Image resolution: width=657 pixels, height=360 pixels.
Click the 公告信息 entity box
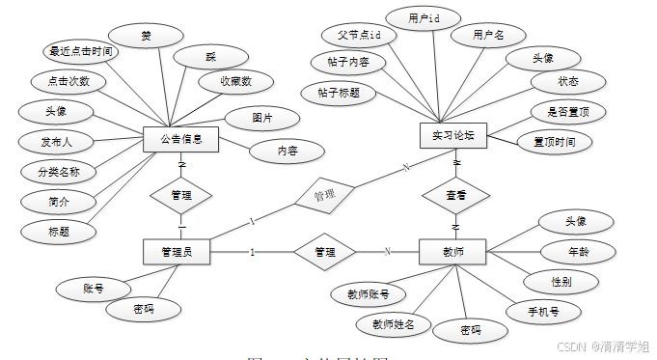(x=180, y=139)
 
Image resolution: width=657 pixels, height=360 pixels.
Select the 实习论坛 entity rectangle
(x=453, y=135)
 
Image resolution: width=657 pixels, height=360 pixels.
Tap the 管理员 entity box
(x=177, y=252)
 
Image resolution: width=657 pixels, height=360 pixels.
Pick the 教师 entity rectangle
(x=453, y=252)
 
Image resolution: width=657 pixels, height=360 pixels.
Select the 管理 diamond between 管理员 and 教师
(x=325, y=252)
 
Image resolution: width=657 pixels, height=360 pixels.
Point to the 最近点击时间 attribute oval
(x=81, y=52)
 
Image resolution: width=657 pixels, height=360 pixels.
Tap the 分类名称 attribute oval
(x=57, y=173)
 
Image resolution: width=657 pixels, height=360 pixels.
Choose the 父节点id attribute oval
(x=359, y=34)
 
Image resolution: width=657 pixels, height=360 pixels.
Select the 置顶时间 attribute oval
(x=554, y=141)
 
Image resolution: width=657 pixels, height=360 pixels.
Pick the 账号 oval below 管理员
(x=94, y=287)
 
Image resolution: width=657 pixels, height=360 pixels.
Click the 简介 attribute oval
(x=57, y=202)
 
